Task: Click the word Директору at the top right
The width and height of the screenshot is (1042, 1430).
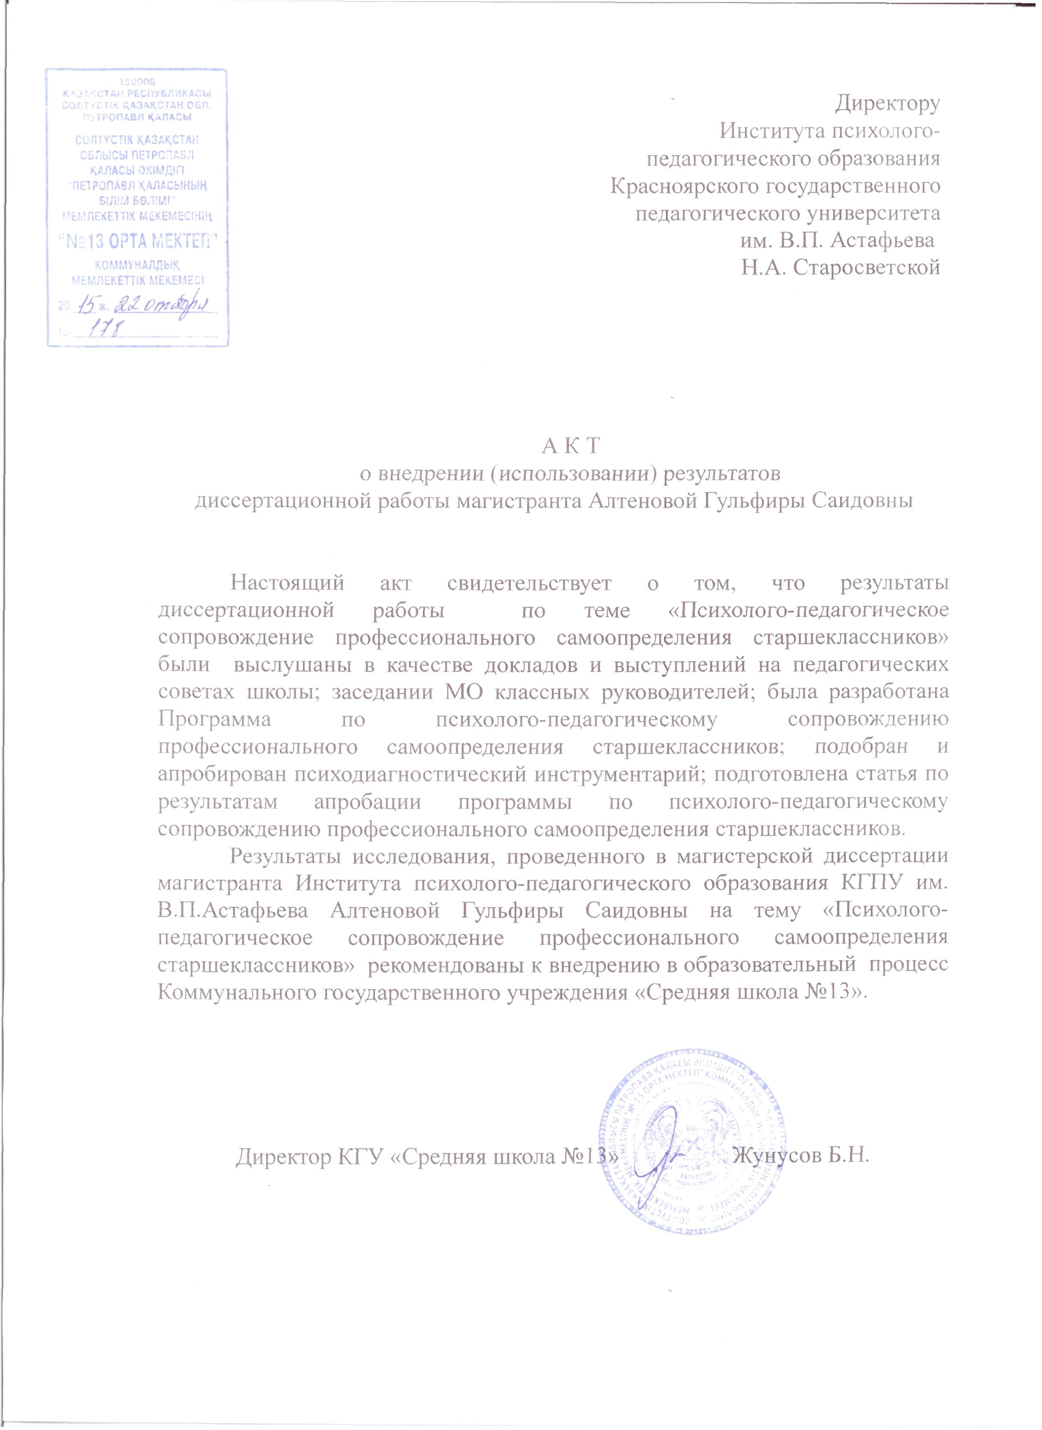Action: point(887,103)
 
